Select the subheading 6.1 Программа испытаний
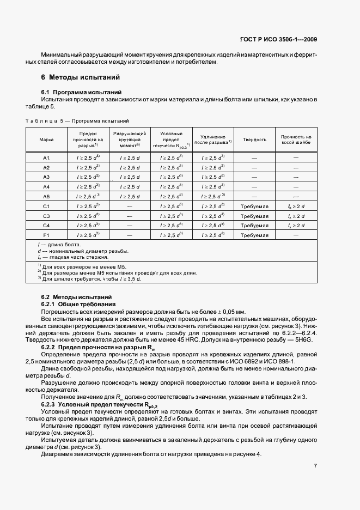[x=81, y=92]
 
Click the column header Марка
[x=46, y=139]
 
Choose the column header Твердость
[x=254, y=139]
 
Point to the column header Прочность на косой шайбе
[x=296, y=139]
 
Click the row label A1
[x=46, y=157]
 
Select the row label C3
[x=46, y=216]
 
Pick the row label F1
[x=46, y=235]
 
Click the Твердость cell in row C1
[x=254, y=207]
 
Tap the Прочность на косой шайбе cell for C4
[x=296, y=226]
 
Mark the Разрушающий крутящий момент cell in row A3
[x=130, y=177]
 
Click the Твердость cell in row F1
[x=254, y=235]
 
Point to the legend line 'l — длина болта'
[x=57, y=246]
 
